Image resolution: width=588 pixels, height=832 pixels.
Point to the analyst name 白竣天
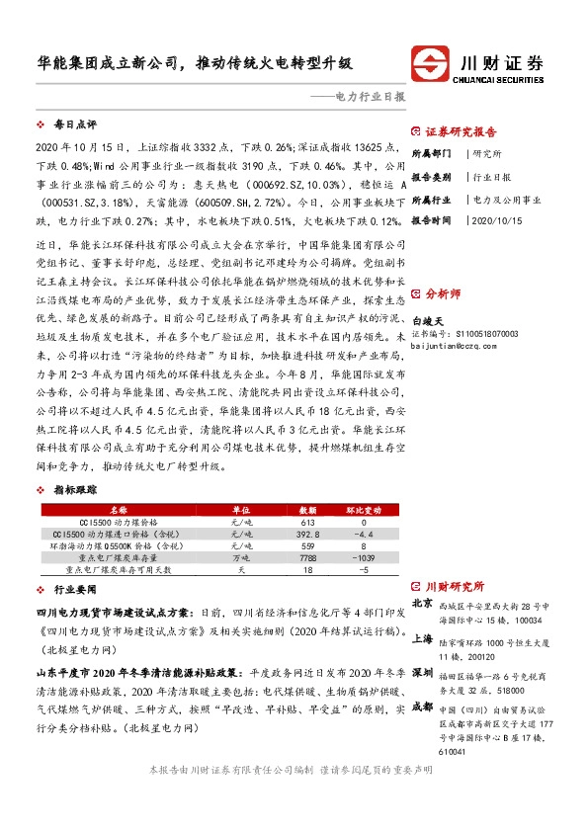tap(428, 322)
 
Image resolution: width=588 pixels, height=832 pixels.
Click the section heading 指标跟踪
tap(74, 490)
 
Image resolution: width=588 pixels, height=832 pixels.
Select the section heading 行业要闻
tap(74, 588)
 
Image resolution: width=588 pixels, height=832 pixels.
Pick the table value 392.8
tap(307, 534)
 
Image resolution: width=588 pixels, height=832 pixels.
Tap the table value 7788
tap(307, 558)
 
